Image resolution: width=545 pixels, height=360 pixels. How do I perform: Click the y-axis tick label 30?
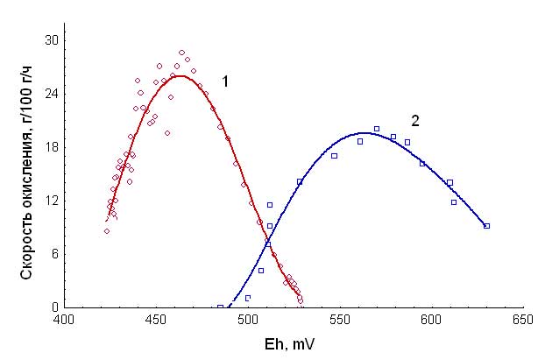[52, 40]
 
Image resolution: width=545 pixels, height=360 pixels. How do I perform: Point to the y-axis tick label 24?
[52, 94]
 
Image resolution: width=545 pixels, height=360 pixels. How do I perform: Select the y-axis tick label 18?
[52, 147]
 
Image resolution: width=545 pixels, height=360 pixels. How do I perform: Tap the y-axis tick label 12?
[52, 201]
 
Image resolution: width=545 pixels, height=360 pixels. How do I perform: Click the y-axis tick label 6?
[54, 254]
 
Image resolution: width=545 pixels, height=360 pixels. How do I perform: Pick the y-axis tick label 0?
[54, 307]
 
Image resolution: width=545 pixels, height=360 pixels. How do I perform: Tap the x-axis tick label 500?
[249, 322]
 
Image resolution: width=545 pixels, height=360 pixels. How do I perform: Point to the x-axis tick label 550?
[340, 322]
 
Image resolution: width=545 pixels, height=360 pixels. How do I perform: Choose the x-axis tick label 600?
[432, 322]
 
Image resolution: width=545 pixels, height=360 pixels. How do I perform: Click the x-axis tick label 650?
[523, 322]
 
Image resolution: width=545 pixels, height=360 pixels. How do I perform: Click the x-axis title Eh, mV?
[293, 343]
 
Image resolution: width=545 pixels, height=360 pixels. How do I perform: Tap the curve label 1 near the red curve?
[225, 81]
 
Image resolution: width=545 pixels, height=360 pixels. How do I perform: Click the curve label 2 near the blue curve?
[415, 120]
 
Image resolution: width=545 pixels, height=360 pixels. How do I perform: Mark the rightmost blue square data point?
[486, 226]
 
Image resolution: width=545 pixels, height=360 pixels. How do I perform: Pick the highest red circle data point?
[181, 53]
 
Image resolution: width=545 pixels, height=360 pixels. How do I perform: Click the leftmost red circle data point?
[107, 231]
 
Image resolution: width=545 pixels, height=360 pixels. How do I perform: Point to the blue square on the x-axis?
[220, 307]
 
